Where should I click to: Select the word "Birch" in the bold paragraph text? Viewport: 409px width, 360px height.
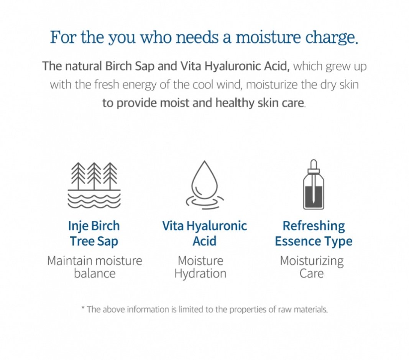(118, 66)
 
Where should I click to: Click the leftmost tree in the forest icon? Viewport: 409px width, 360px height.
(78, 176)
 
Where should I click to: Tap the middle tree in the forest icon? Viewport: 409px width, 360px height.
(94, 176)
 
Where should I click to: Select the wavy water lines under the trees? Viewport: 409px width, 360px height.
(94, 201)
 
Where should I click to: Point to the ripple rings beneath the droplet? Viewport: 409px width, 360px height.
(205, 202)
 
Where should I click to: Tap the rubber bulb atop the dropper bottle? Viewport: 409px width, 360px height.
(314, 164)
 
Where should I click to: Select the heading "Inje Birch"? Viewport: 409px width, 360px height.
(94, 226)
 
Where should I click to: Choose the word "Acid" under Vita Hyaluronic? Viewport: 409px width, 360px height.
(205, 241)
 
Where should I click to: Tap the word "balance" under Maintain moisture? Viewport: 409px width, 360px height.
(94, 274)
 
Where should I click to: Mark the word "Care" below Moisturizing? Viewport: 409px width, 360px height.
(311, 274)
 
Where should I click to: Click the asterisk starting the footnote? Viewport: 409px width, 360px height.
(83, 308)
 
